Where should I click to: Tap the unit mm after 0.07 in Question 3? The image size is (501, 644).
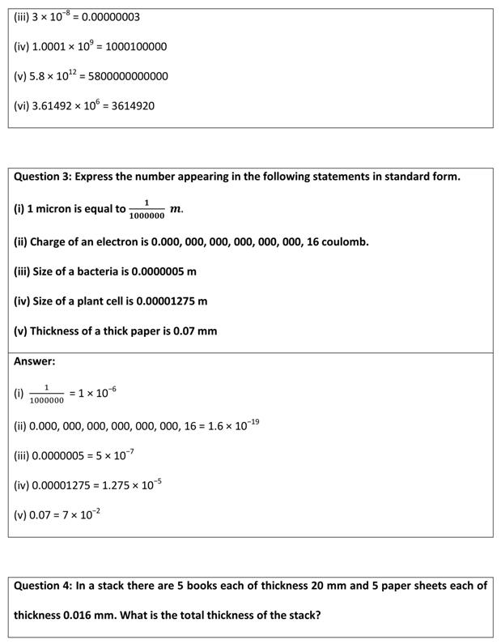click(208, 331)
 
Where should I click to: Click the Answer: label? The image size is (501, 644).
click(35, 361)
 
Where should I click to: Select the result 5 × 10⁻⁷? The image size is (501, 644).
click(115, 455)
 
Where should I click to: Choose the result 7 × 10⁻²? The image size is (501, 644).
click(81, 514)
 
